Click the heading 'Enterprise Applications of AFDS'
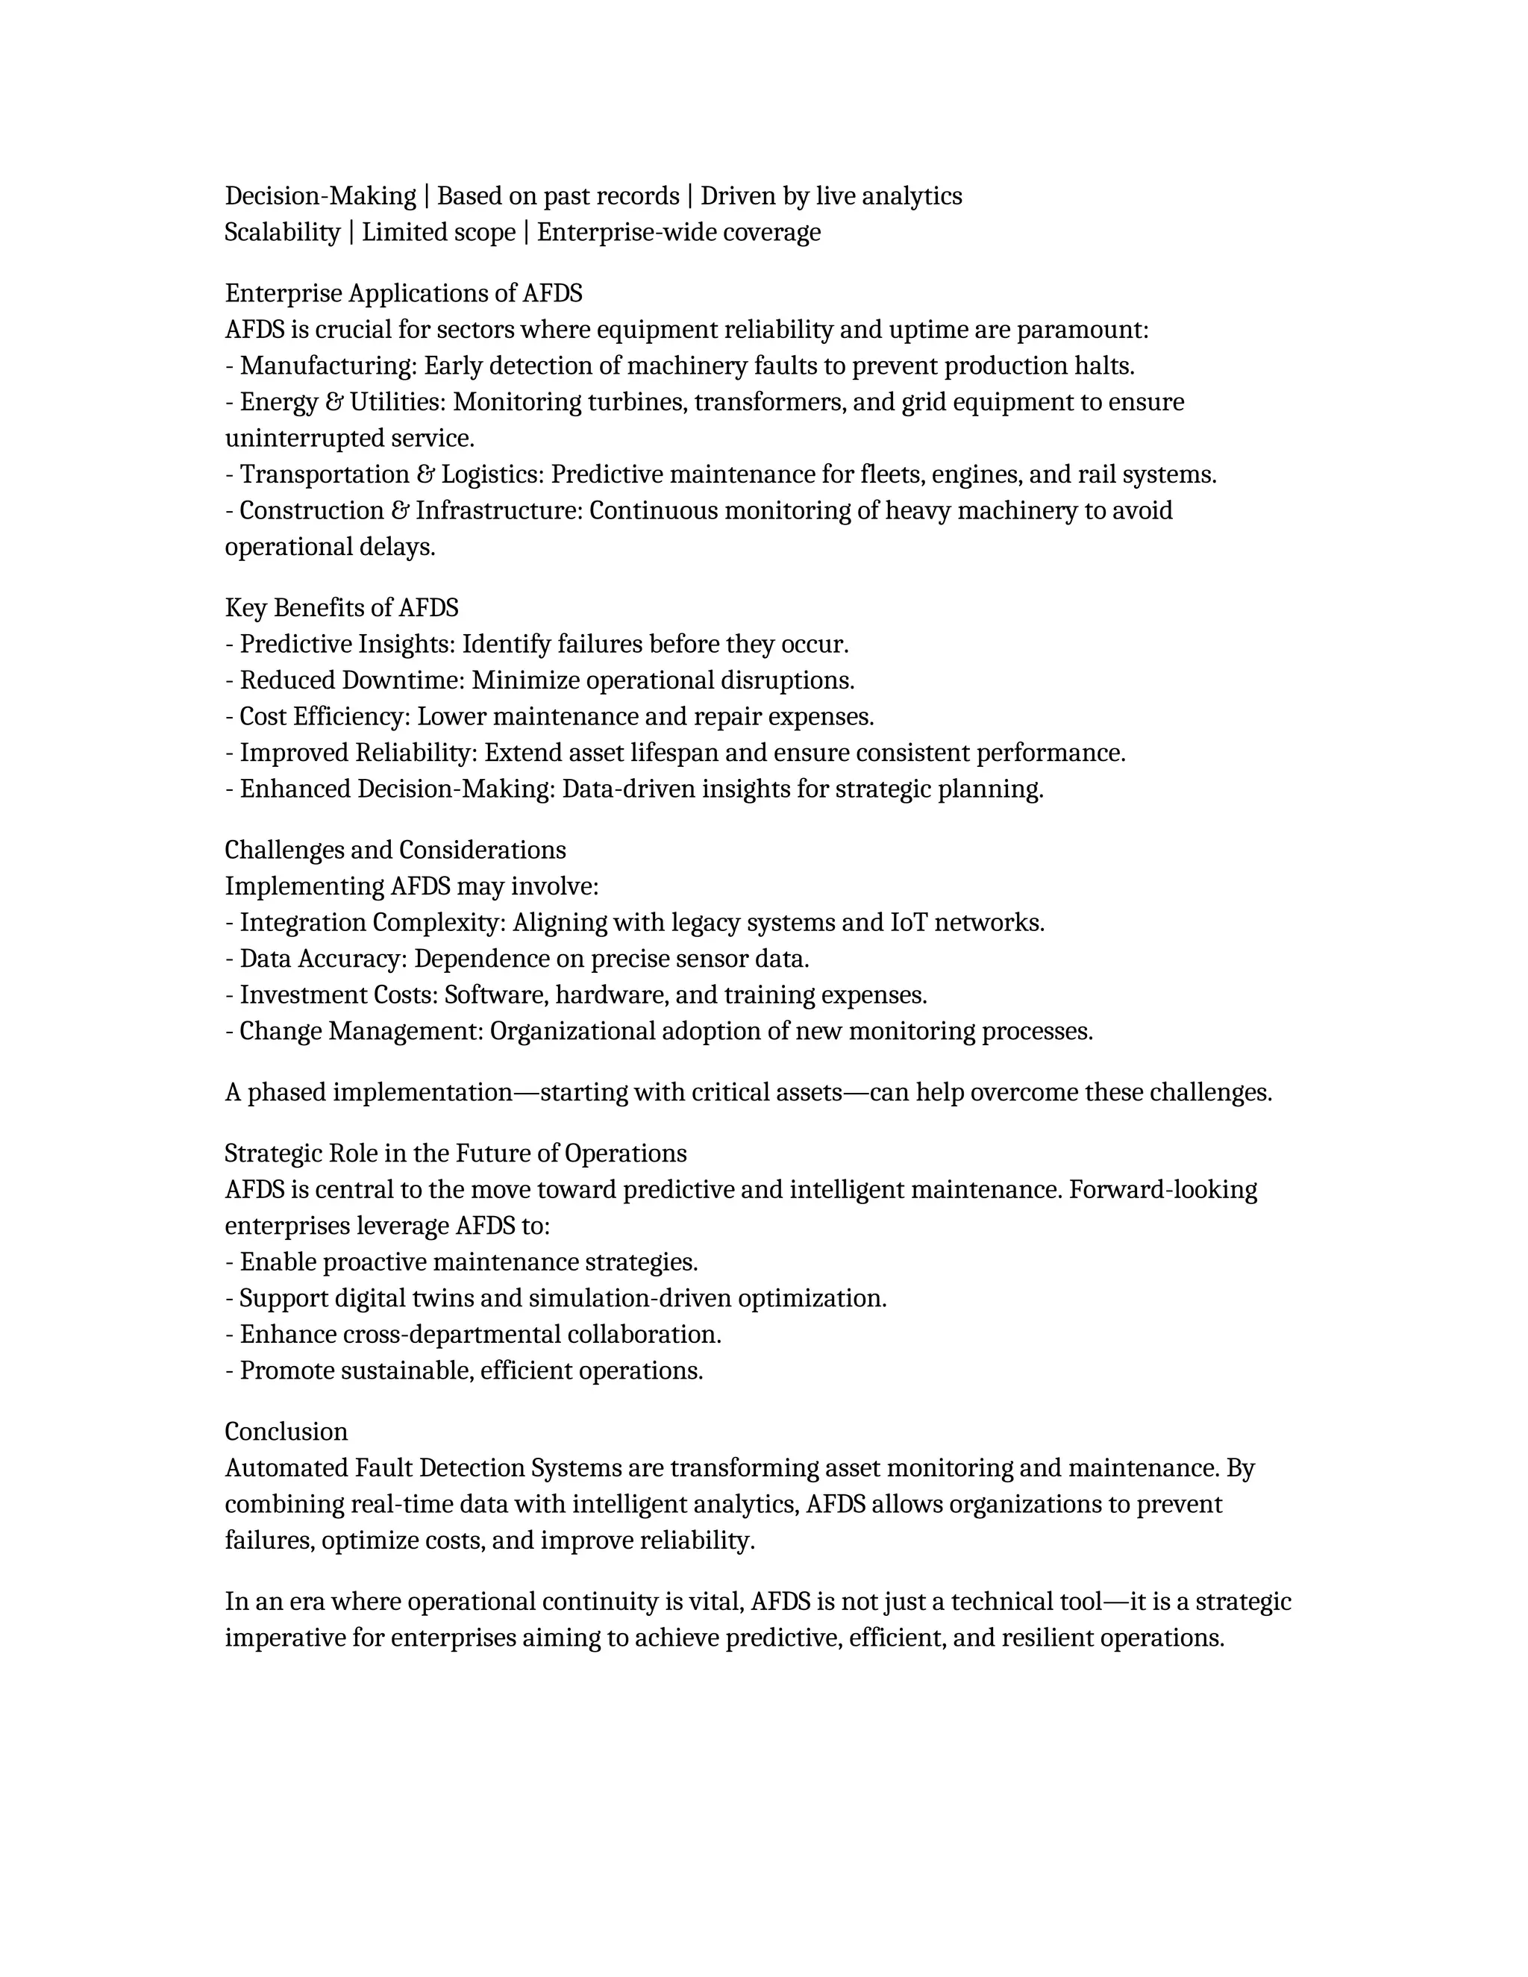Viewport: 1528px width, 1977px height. (404, 293)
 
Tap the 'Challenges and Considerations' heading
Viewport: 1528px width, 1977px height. (395, 850)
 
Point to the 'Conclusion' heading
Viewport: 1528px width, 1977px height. (286, 1431)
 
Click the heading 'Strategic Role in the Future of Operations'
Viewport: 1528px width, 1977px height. (455, 1153)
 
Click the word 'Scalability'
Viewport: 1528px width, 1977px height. (281, 233)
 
